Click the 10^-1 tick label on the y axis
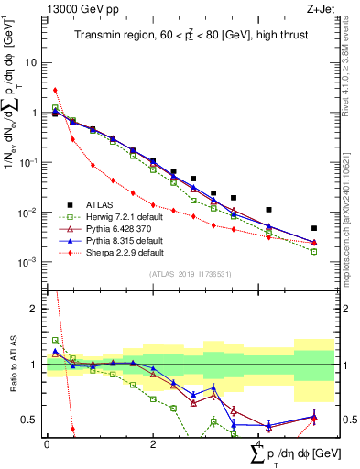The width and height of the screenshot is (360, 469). coord(28,162)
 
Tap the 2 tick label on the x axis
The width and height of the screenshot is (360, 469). coord(153,444)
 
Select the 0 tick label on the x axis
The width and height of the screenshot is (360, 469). coord(46,444)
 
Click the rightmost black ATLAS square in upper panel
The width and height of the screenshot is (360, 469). coord(314,228)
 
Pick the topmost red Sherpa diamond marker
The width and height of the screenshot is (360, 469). coord(56,90)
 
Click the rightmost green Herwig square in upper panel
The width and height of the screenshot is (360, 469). coord(314,251)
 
